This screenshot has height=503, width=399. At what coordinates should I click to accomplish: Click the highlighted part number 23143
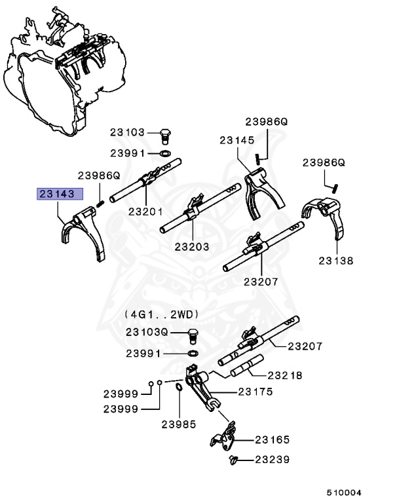click(60, 194)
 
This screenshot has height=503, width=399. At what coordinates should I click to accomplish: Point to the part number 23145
click(237, 140)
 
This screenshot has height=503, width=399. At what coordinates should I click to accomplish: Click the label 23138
click(336, 260)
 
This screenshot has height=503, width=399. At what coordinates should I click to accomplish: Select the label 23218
click(285, 376)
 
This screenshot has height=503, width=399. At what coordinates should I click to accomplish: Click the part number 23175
click(256, 392)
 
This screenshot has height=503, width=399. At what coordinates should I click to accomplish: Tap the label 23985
click(180, 424)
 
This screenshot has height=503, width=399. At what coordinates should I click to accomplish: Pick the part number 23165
click(273, 439)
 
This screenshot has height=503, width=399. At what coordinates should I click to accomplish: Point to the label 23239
click(273, 460)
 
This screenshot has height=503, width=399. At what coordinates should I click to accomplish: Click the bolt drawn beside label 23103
click(165, 136)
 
